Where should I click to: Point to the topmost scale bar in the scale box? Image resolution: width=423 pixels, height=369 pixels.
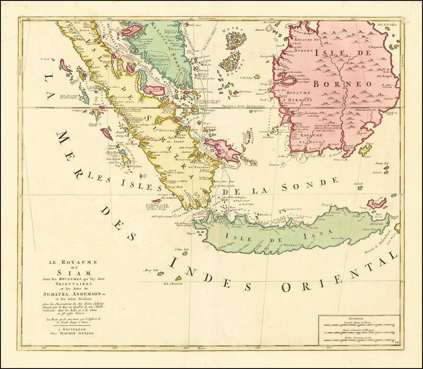(x=359, y=325)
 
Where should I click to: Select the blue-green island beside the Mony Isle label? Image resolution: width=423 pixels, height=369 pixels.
(x=160, y=273)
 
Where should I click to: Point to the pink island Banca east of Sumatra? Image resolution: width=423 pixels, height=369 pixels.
(x=222, y=148)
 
